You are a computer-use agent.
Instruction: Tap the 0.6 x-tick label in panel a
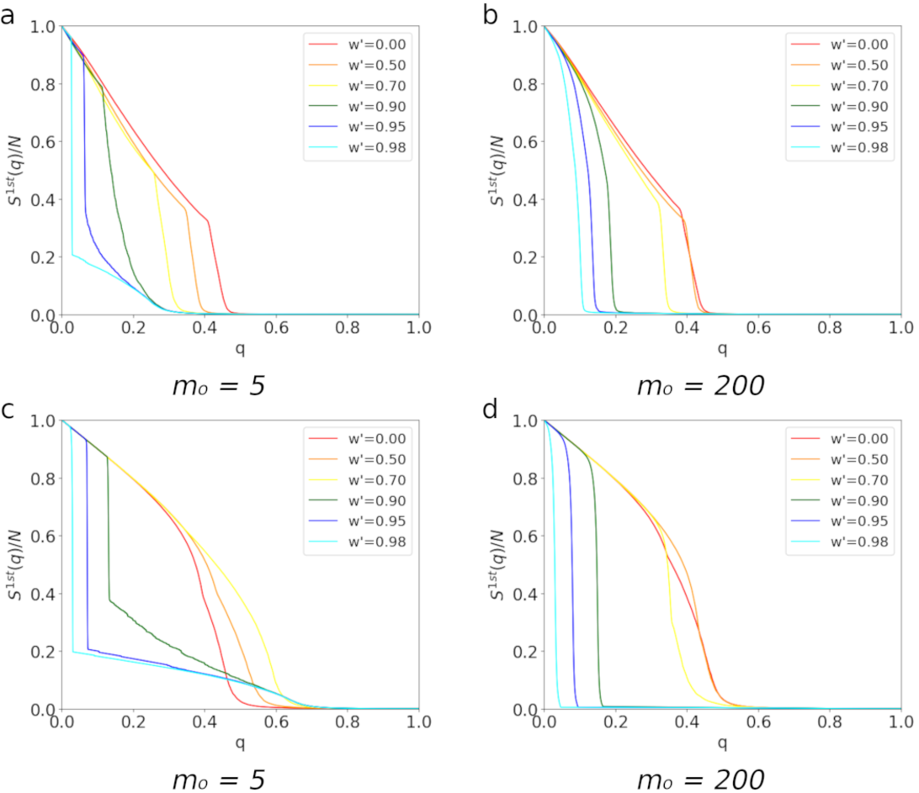(x=276, y=327)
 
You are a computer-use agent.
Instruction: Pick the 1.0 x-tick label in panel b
(x=901, y=327)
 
